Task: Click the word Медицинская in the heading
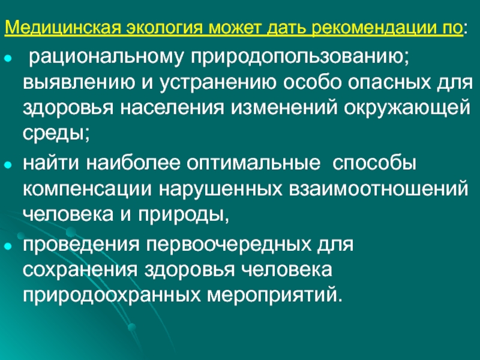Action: pos(64,28)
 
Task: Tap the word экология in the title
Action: pos(165,28)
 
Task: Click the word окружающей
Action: pos(407,109)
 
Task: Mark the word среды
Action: pos(56,134)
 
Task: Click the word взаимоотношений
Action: pos(379,189)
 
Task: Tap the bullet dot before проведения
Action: pos(8,246)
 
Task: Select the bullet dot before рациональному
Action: pos(8,58)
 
